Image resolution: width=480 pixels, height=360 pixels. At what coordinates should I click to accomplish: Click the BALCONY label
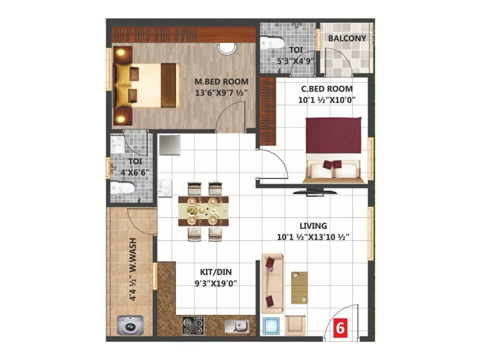click(347, 38)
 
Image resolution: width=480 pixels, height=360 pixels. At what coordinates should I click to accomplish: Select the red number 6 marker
click(340, 328)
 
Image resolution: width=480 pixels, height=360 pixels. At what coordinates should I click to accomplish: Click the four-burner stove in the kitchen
click(193, 326)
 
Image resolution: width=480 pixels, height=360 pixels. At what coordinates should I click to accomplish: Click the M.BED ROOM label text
click(221, 82)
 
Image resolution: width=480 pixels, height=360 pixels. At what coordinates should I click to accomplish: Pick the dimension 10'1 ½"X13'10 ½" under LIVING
click(313, 237)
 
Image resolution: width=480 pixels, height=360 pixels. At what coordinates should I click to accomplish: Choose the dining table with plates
click(203, 211)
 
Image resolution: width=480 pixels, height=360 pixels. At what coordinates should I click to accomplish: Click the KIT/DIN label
click(216, 272)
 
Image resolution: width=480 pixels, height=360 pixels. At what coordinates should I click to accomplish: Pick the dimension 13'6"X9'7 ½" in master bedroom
click(221, 93)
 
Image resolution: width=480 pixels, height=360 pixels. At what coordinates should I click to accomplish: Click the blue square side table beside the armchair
click(271, 326)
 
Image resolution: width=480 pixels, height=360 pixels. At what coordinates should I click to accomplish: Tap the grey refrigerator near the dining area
click(170, 145)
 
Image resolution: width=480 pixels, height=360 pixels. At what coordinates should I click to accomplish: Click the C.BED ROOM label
click(327, 89)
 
